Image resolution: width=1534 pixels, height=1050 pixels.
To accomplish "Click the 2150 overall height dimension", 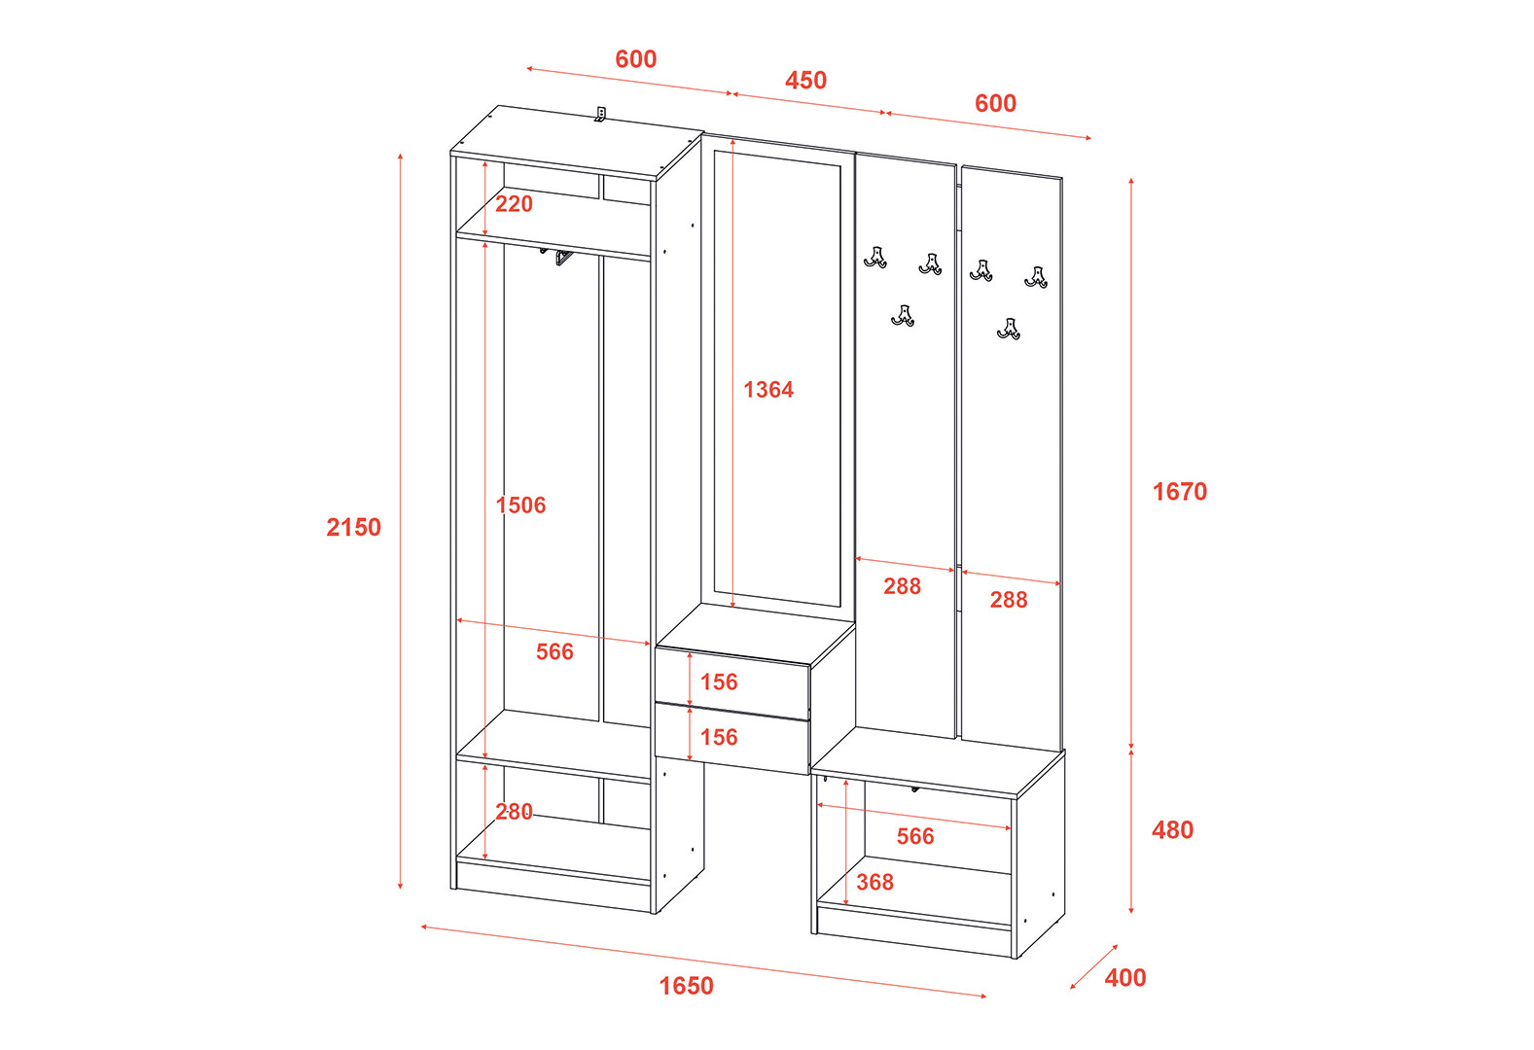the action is (x=353, y=527).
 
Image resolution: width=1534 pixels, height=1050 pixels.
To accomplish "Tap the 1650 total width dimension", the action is (x=686, y=986).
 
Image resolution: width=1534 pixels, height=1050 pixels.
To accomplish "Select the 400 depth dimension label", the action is (x=1125, y=977).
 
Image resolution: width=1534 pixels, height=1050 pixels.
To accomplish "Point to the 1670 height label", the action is (x=1179, y=492).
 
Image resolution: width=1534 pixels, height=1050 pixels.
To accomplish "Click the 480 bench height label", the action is (x=1172, y=829).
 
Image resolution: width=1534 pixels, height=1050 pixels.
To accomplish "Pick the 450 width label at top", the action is (x=805, y=80).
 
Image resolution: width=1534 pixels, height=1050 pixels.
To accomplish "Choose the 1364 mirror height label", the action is (x=768, y=390).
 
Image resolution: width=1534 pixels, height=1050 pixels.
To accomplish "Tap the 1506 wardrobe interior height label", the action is (x=520, y=506).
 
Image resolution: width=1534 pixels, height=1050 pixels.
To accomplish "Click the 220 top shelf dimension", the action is (x=514, y=203).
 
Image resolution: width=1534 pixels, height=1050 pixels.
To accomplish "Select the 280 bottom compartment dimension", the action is (x=514, y=811).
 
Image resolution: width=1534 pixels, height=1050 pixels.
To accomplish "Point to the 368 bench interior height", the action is (x=874, y=882).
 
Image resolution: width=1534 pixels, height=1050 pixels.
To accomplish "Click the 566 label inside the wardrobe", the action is (x=554, y=651).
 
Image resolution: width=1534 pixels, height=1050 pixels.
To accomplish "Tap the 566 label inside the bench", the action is (x=915, y=836).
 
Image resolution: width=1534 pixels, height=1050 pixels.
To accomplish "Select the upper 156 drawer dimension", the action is (x=719, y=682).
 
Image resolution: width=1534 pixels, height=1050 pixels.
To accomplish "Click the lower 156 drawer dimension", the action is (x=719, y=737).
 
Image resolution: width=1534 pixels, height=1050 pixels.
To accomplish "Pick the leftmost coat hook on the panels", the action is (x=875, y=258).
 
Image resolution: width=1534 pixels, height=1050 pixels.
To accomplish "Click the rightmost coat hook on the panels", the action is (x=1036, y=278).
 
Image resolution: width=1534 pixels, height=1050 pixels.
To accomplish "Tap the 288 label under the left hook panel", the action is (x=902, y=586).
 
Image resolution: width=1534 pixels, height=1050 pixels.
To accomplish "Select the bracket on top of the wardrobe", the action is (x=600, y=115).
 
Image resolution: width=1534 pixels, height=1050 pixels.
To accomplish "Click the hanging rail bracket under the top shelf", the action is (x=563, y=258).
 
